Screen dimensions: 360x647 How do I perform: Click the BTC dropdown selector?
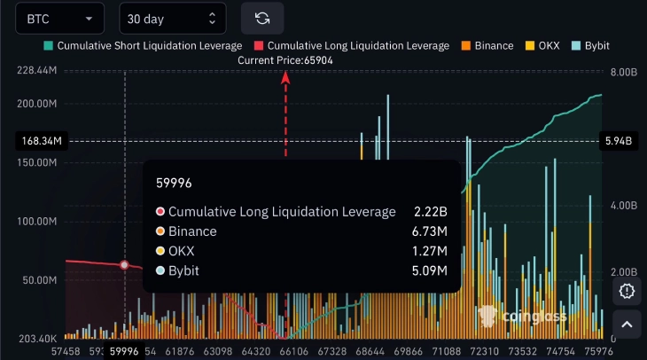(x=59, y=18)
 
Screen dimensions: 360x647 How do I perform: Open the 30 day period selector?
(x=171, y=18)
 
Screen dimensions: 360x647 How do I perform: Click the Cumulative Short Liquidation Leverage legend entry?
(x=143, y=45)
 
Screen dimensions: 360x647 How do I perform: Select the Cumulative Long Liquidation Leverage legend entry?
(x=351, y=45)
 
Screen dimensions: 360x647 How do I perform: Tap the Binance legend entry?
(x=487, y=45)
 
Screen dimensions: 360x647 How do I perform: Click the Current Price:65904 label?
(x=285, y=59)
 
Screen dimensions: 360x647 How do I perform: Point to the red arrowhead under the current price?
(x=285, y=77)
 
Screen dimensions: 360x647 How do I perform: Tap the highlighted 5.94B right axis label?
(x=617, y=141)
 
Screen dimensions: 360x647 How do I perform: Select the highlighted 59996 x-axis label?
(x=124, y=351)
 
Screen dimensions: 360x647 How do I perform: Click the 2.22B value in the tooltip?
(x=431, y=211)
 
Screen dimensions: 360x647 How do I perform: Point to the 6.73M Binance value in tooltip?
(x=430, y=231)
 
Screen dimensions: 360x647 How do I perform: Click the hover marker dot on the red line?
(x=124, y=265)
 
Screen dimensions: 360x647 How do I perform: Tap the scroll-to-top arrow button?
(x=628, y=325)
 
